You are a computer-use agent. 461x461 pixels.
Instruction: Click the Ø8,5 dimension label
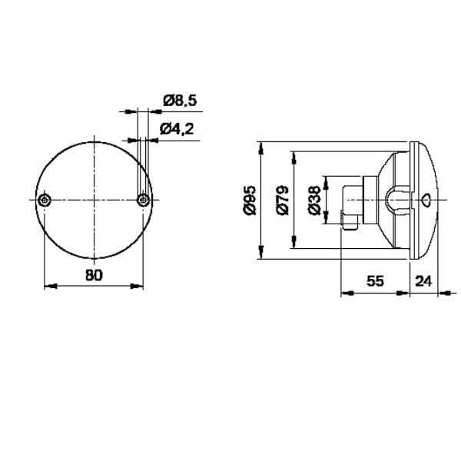(x=180, y=101)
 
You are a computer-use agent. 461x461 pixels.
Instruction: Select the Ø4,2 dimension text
(x=177, y=129)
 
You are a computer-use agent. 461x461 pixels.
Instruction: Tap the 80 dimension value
(x=94, y=276)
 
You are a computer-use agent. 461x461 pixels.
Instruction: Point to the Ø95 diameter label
(x=250, y=200)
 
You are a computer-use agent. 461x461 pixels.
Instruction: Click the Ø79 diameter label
(x=283, y=200)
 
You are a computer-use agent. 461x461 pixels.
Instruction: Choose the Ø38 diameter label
(x=314, y=200)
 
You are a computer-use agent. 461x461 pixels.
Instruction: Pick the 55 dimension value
(x=375, y=281)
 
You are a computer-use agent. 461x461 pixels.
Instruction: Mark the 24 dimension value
(x=423, y=281)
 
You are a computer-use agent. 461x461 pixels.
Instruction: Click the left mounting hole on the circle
(x=45, y=201)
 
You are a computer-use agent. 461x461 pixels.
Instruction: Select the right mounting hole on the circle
(x=143, y=201)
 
